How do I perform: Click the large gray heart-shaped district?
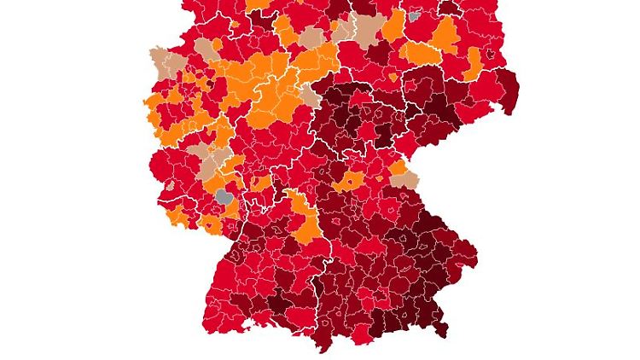[x=224, y=197]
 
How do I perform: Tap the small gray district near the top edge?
[x=415, y=15]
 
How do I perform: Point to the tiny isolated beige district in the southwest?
[x=171, y=184]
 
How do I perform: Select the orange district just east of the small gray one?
[x=445, y=34]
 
